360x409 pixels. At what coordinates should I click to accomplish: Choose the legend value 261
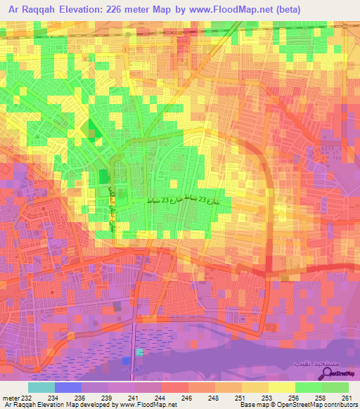(x=347, y=397)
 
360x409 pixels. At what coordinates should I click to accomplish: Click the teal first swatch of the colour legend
(x=41, y=387)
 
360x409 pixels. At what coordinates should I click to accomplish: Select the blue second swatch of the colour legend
(x=68, y=387)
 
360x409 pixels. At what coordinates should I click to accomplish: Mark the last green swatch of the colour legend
(x=335, y=387)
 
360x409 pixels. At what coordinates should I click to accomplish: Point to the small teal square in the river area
(x=140, y=351)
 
